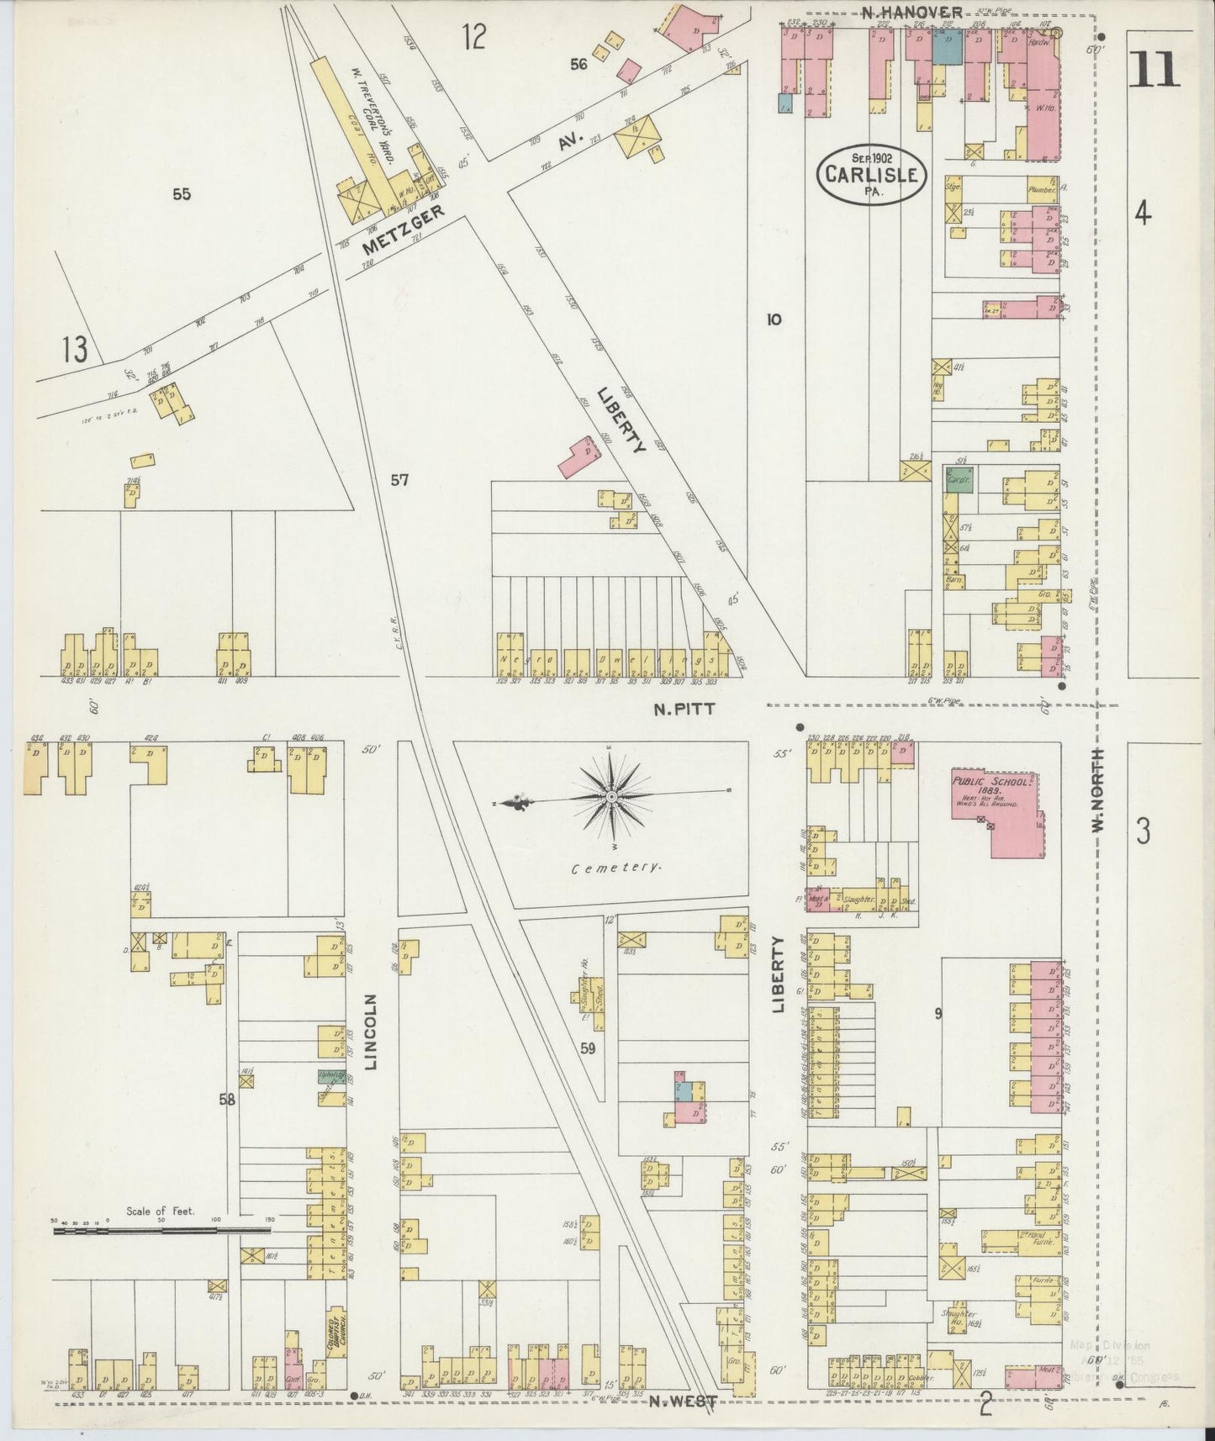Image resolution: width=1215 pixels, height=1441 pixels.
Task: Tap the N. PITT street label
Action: tap(685, 709)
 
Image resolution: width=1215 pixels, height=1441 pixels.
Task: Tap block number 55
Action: tap(182, 194)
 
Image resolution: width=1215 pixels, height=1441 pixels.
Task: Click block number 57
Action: tap(399, 480)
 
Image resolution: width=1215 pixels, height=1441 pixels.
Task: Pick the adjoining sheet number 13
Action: tap(74, 349)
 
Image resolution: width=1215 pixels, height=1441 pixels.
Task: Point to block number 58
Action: tap(228, 1099)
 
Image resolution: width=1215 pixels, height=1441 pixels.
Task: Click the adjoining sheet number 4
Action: tap(1142, 214)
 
